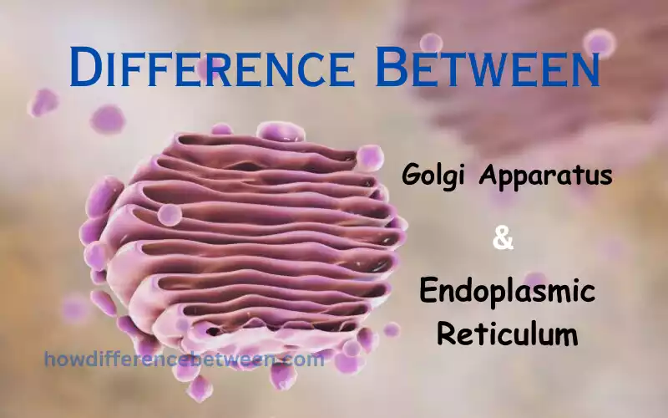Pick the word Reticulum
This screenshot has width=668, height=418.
pos(507,334)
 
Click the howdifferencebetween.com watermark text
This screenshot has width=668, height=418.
pos(184,360)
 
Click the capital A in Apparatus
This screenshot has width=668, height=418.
pos(490,176)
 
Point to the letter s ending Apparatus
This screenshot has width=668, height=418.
pos(606,178)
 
